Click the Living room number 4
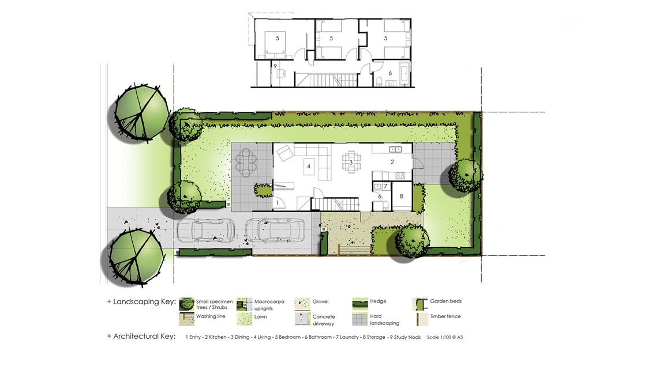[x=309, y=167]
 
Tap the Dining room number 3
[x=351, y=163]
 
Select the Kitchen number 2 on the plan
[x=392, y=162]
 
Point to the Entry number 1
[x=278, y=203]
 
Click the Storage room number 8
[x=401, y=197]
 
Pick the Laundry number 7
[x=385, y=186]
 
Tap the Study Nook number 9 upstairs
[x=275, y=66]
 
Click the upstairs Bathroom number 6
[x=390, y=73]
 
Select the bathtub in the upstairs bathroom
[x=404, y=73]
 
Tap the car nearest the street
[x=205, y=231]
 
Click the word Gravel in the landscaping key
[x=321, y=301]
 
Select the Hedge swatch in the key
[x=360, y=304]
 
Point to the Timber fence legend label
[x=445, y=316]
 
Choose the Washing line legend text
[x=211, y=316]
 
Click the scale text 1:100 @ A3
[x=445, y=337]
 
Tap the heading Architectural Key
[x=144, y=337]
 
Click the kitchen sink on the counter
[x=395, y=149]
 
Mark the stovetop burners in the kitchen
[x=400, y=176]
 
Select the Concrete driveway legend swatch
[x=303, y=319]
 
